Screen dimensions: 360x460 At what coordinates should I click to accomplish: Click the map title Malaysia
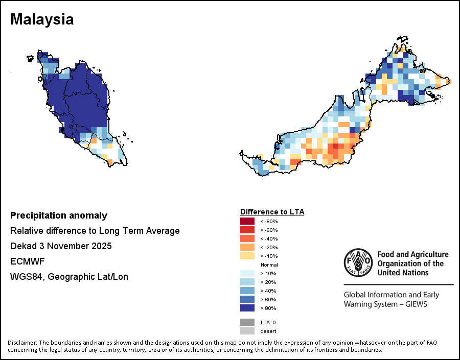point(42,19)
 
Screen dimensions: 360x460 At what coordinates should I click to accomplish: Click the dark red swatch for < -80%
point(247,221)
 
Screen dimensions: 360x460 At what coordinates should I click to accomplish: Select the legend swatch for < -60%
point(247,230)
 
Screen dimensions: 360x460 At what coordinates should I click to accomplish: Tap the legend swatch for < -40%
point(247,238)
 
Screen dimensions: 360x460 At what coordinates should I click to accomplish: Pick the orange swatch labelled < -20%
point(247,247)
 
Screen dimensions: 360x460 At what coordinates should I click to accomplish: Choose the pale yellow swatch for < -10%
point(247,256)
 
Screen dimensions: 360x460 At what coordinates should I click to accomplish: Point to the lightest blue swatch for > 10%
point(247,273)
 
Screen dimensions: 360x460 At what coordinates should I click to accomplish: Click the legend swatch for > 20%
point(247,282)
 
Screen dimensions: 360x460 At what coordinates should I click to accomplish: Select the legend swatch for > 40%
point(247,291)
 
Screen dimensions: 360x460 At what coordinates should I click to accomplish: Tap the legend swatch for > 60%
point(247,299)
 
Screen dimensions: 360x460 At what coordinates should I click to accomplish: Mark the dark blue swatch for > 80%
point(247,308)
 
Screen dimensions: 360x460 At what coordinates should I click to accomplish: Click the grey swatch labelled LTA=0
point(247,322)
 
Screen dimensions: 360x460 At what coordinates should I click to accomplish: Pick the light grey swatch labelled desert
point(247,331)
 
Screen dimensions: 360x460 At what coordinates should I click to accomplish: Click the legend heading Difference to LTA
point(272,211)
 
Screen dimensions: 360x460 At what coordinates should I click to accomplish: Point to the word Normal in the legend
point(269,265)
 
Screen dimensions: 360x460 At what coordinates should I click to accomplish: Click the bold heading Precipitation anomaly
point(59,215)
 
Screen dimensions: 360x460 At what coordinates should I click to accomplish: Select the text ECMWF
point(28,261)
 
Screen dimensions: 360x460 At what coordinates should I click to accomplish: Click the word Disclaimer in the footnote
point(22,342)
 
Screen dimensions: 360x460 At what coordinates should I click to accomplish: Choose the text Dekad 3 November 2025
point(61,246)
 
